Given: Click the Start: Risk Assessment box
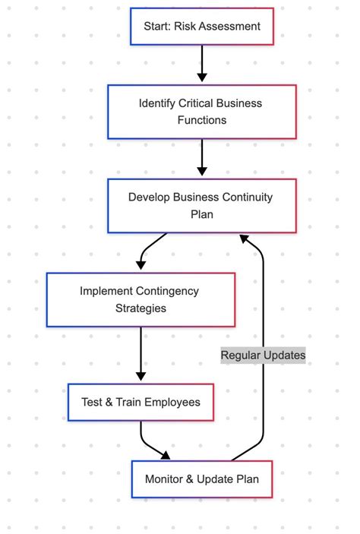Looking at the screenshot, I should (x=201, y=27).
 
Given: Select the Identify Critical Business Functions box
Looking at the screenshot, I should (x=201, y=112).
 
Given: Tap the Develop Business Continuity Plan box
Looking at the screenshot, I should (x=201, y=206).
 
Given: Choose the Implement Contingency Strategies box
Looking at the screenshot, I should (x=141, y=300).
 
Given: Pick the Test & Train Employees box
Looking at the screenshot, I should (x=141, y=402).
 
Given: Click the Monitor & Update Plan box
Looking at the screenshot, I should (x=201, y=479).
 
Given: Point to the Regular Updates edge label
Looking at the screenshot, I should (x=263, y=355).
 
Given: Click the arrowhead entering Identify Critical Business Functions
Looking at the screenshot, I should (x=201, y=77).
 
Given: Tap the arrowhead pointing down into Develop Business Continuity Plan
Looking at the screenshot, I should (x=201, y=171).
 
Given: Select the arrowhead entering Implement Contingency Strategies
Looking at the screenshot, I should (x=141, y=265).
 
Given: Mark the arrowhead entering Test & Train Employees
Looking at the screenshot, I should (x=141, y=376).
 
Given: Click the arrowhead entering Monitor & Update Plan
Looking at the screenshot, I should (x=166, y=455).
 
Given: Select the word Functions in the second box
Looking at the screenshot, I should (x=201, y=120).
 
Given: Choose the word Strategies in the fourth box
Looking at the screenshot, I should (x=141, y=308).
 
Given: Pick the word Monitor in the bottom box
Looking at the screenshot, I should (x=165, y=479).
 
